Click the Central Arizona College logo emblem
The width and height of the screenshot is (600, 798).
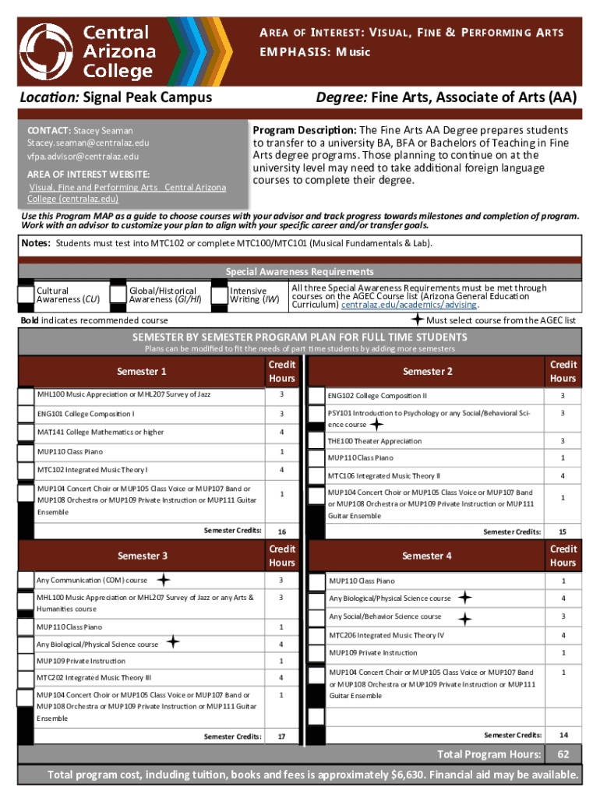click(47, 51)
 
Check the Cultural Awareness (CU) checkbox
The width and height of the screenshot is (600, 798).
click(26, 293)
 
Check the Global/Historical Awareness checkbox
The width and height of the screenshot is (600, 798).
click(118, 293)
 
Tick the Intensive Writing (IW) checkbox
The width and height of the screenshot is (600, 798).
click(218, 293)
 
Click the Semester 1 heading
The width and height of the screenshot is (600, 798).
click(142, 372)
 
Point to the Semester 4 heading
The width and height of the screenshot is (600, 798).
click(427, 556)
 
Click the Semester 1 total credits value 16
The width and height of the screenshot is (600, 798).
click(281, 531)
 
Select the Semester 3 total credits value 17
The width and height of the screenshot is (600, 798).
click(281, 736)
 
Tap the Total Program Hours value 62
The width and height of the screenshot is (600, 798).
click(563, 754)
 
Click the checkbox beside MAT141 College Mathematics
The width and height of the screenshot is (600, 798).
click(26, 433)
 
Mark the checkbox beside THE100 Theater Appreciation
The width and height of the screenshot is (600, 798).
click(317, 441)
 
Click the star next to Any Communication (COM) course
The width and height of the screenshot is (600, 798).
click(164, 580)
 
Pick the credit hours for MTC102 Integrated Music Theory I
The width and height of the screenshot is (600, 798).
click(281, 470)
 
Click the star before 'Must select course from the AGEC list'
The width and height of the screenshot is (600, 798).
click(418, 320)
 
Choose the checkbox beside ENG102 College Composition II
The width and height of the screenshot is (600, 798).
click(317, 396)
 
